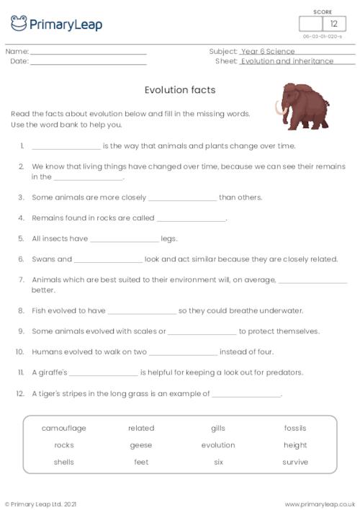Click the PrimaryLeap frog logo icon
pos(19,23)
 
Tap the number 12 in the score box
pos(333,24)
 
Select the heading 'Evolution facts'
pos(180,90)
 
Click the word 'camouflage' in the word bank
pos(63,428)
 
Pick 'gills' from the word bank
pos(218,428)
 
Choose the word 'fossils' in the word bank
pos(295,428)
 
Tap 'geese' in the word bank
pos(141,445)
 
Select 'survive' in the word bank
pos(295,462)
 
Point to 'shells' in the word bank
pos(63,462)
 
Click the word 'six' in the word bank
pos(218,462)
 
